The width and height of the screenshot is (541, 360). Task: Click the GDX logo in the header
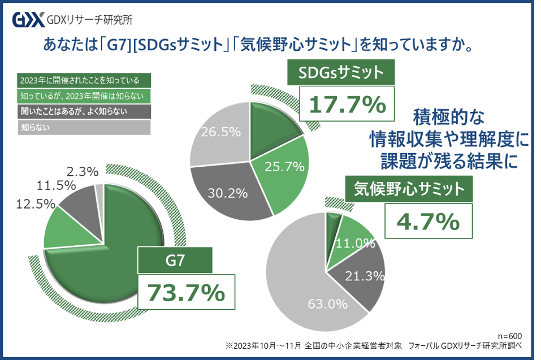pos(28,21)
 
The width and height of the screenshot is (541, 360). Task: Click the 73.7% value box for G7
pos(186,293)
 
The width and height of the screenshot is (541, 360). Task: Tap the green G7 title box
pos(175,261)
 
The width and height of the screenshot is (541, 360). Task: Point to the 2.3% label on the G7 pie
pos(83,171)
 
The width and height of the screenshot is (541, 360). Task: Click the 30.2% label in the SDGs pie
pos(228,193)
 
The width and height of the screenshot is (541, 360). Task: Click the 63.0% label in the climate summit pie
pos(327,304)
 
